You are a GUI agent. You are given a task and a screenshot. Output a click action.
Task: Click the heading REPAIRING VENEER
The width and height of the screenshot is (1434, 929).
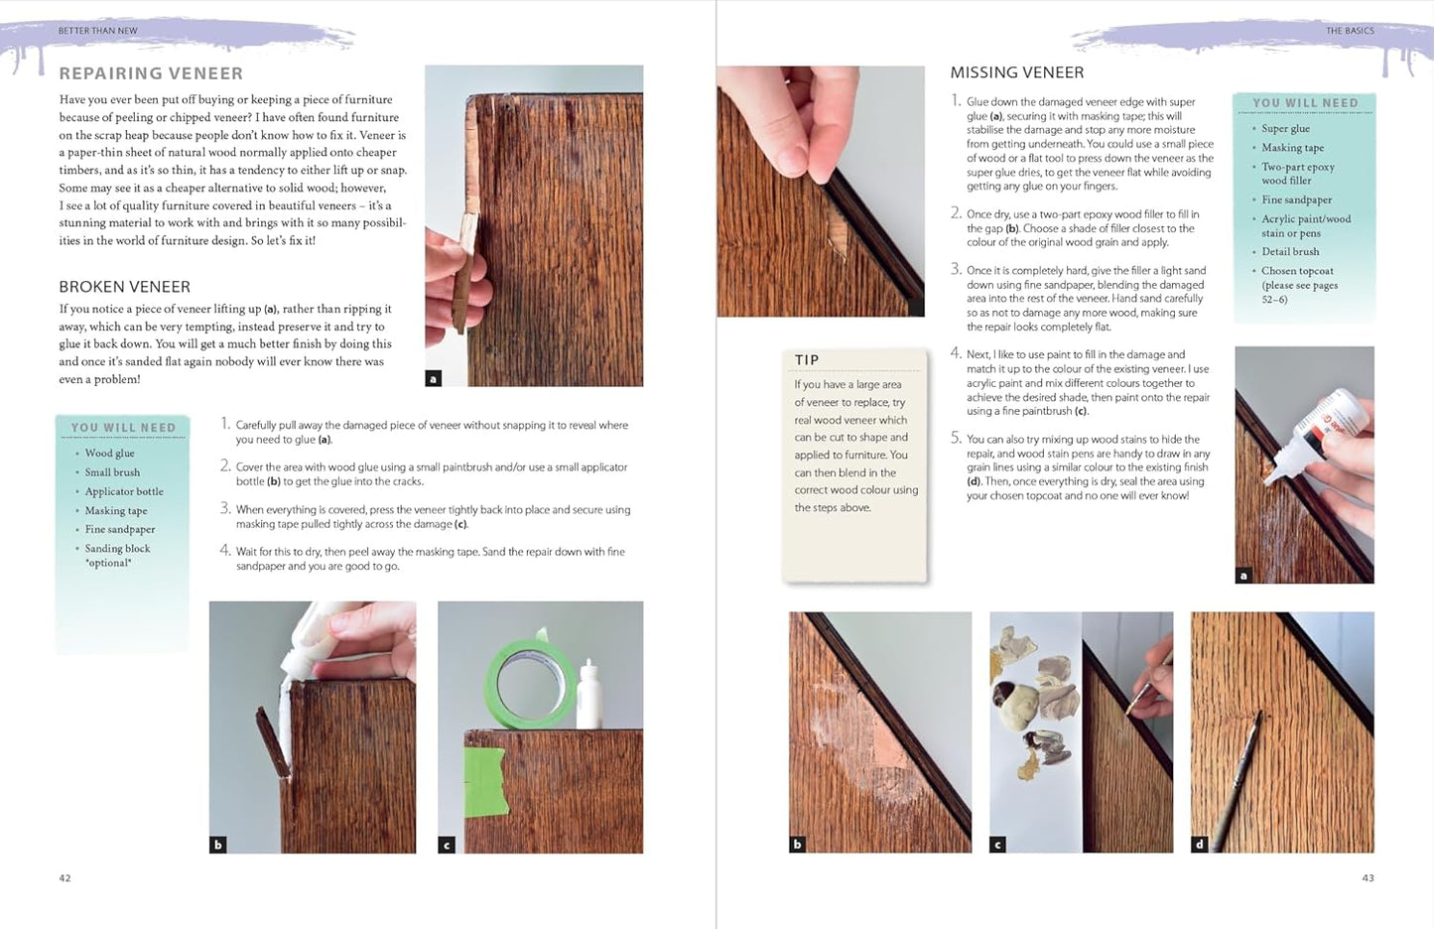pyautogui.click(x=151, y=73)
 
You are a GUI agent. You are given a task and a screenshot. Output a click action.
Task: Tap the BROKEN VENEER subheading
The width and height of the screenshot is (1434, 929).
pyautogui.click(x=124, y=287)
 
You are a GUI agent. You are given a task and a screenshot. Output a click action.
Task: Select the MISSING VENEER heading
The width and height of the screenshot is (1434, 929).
pyautogui.click(x=1016, y=72)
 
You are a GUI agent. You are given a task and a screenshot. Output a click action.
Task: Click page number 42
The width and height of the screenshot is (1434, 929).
pyautogui.click(x=65, y=878)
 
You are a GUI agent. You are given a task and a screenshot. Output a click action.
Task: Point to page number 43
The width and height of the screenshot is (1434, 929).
pyautogui.click(x=1368, y=878)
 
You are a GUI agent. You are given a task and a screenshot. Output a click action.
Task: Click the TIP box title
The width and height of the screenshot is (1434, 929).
pyautogui.click(x=807, y=359)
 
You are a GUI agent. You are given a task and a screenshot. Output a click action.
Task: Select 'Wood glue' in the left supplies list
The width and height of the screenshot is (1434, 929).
pyautogui.click(x=109, y=454)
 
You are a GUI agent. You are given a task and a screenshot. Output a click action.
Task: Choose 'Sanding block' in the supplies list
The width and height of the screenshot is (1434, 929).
pyautogui.click(x=117, y=549)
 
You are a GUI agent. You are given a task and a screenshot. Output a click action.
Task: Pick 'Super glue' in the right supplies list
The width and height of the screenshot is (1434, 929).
pyautogui.click(x=1285, y=129)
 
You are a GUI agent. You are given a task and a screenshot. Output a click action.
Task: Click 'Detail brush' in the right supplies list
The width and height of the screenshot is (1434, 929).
pyautogui.click(x=1290, y=252)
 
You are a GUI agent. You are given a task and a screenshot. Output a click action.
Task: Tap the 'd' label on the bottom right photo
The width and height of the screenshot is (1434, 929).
pyautogui.click(x=1199, y=845)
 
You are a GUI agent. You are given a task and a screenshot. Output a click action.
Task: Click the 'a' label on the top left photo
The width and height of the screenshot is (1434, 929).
pyautogui.click(x=433, y=378)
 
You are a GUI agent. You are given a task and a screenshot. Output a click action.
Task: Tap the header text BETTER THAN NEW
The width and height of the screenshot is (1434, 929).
pyautogui.click(x=97, y=31)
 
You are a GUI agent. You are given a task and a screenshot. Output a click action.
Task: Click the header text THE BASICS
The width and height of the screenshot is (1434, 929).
pyautogui.click(x=1350, y=31)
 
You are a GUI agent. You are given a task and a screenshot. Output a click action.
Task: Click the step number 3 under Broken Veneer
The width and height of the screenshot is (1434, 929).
pyautogui.click(x=225, y=508)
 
